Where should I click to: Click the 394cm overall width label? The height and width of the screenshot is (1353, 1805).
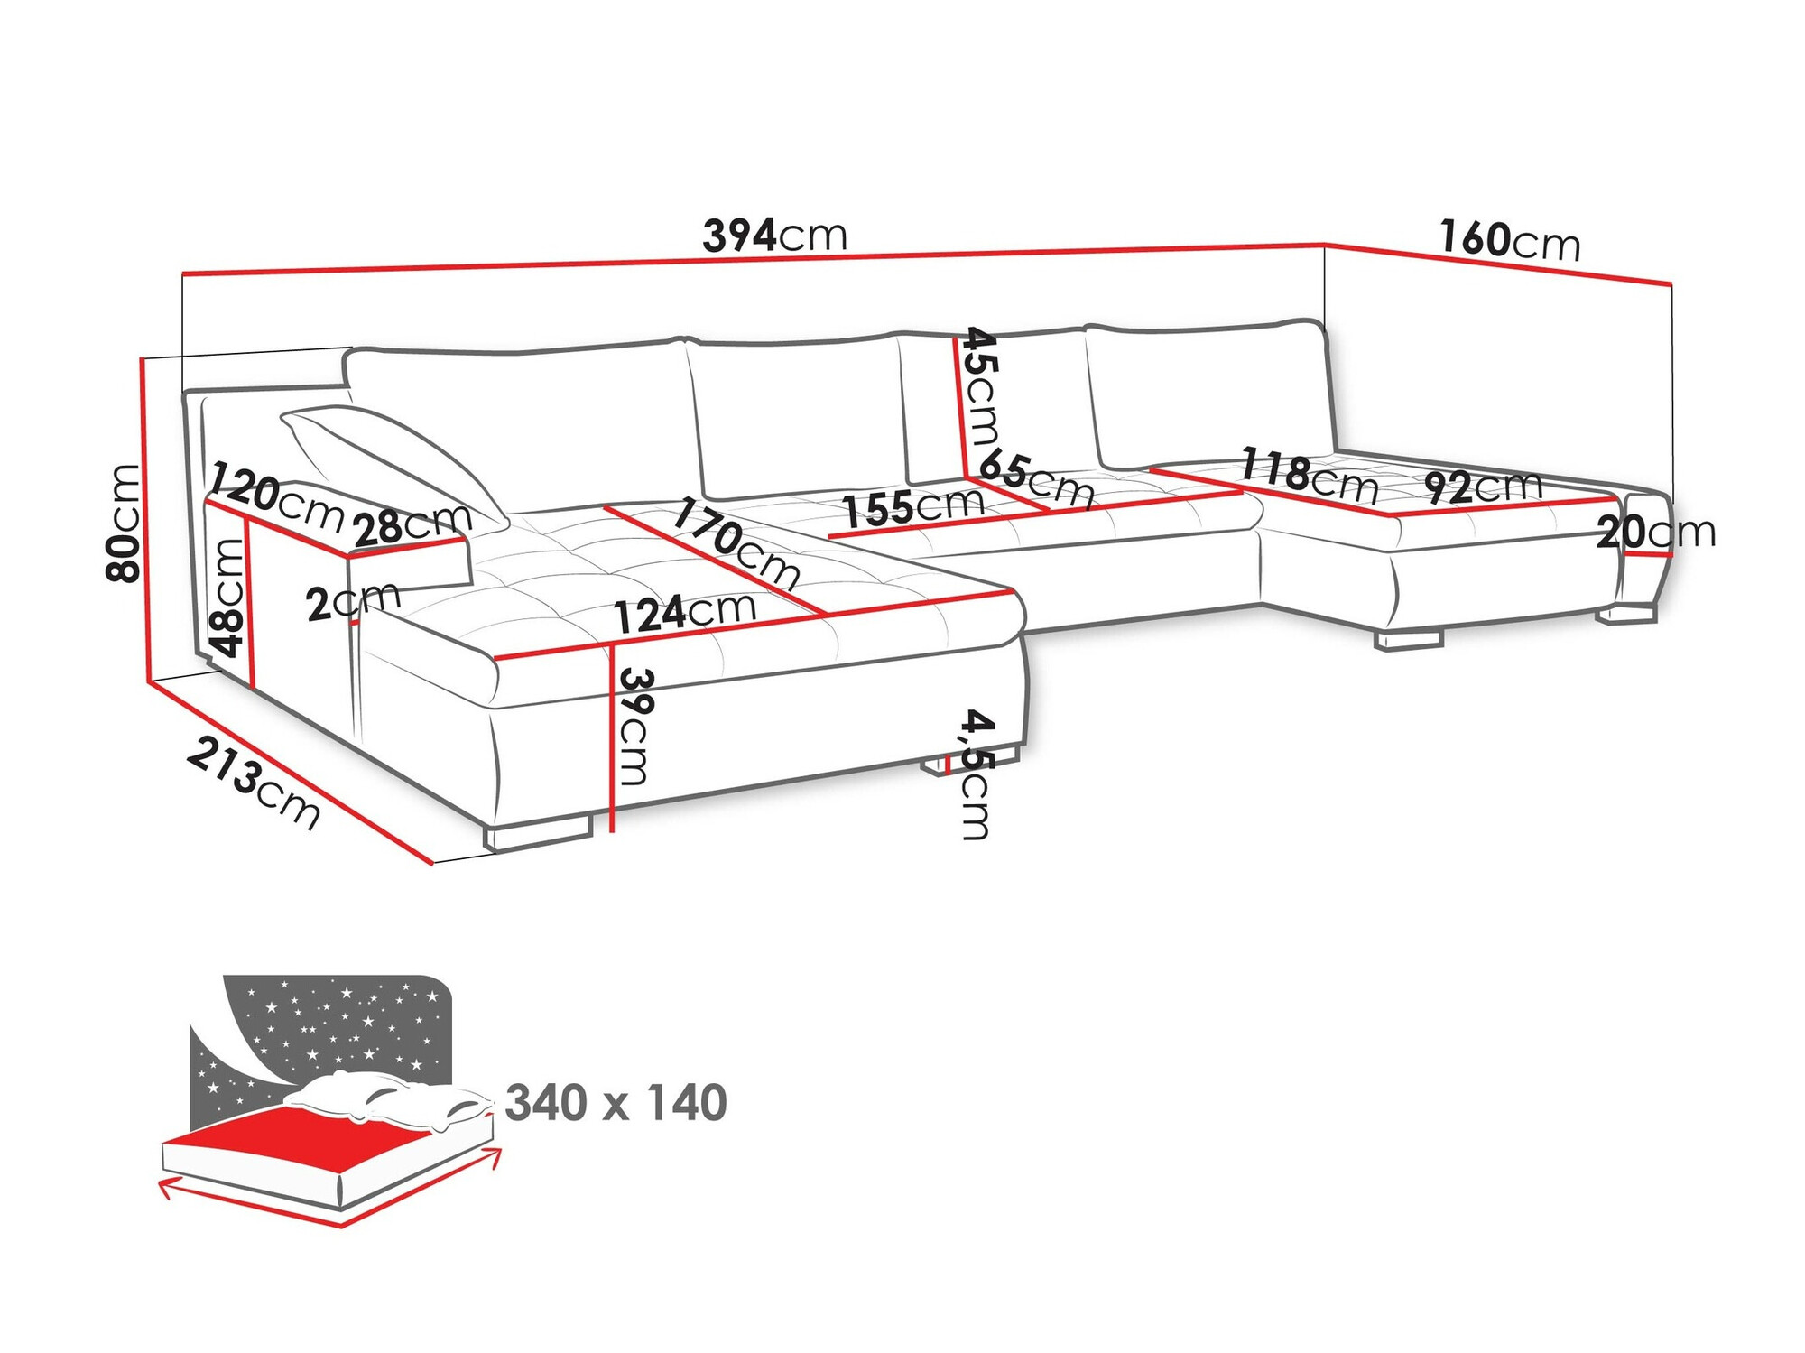tap(774, 236)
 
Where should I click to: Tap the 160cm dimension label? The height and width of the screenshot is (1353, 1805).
tap(1510, 241)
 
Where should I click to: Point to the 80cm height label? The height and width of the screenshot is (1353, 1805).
tap(124, 523)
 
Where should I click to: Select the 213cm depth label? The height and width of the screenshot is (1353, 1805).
tap(254, 782)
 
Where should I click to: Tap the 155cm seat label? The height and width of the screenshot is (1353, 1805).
tap(913, 507)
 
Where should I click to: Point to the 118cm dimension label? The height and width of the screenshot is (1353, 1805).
tap(1309, 476)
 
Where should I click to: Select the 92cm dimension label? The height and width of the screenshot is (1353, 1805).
tap(1483, 487)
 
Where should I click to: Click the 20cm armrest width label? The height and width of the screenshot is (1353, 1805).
tap(1655, 533)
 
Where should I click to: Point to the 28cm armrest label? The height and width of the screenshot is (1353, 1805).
tap(412, 525)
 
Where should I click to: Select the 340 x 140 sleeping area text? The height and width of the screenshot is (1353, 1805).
tap(616, 1103)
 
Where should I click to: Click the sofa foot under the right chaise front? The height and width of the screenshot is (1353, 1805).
tap(1408, 638)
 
